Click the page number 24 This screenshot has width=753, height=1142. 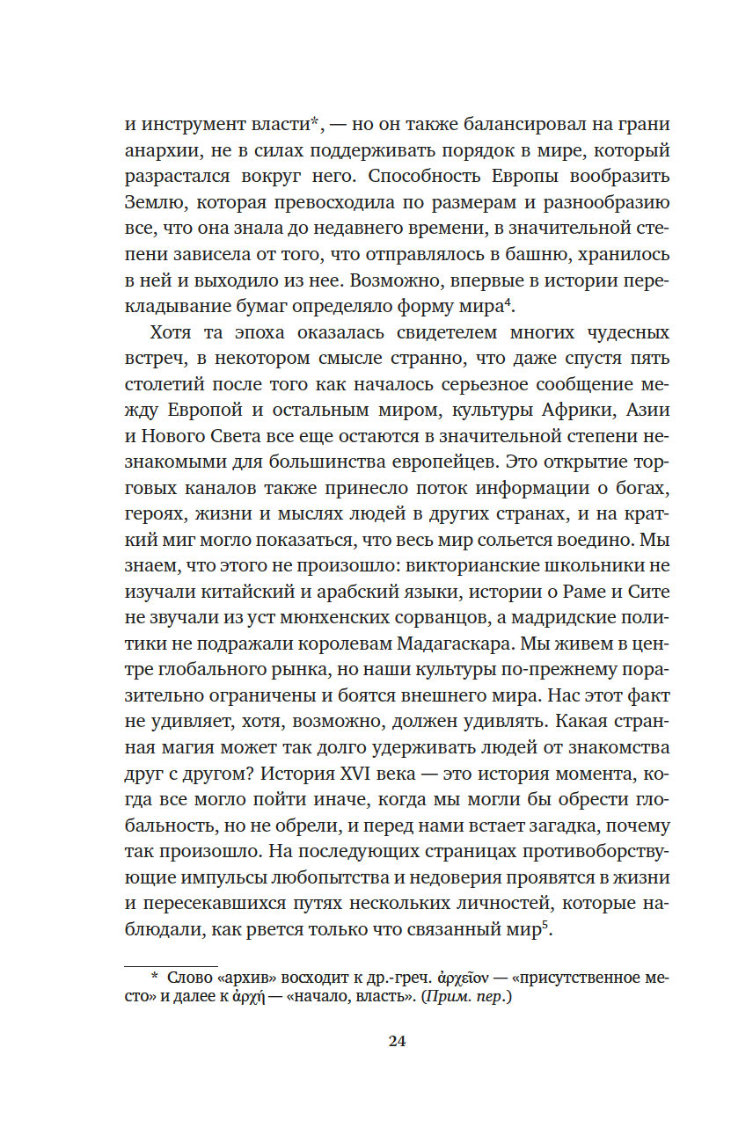point(396,1041)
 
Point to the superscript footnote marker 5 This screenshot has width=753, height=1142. point(546,925)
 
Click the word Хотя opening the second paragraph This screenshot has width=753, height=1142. point(172,333)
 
